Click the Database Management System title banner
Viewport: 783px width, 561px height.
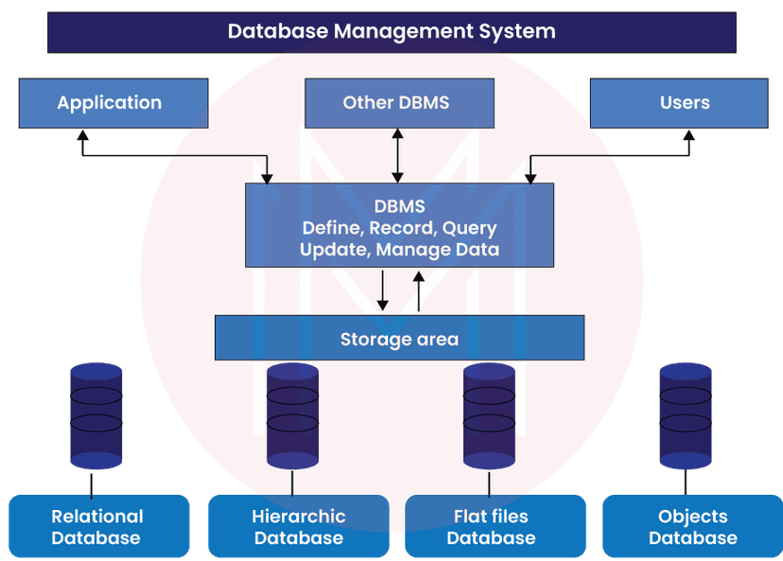[391, 32]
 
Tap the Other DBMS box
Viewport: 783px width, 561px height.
[398, 102]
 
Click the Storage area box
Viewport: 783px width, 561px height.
[399, 339]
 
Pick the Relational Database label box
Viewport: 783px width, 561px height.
[97, 527]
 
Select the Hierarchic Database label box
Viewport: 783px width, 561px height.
[298, 527]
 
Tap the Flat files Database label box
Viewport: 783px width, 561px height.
[492, 527]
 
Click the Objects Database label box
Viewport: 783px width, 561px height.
[693, 527]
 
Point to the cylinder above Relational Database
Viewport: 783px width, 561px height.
[96, 416]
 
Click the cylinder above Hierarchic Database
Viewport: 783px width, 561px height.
[292, 416]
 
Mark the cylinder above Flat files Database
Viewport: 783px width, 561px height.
[489, 416]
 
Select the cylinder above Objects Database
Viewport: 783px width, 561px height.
[686, 416]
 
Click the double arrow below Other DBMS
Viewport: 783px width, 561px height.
[398, 155]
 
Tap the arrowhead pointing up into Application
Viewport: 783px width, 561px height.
[82, 134]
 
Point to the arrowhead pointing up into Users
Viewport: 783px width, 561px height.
[688, 134]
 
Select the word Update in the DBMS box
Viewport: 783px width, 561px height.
[334, 250]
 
